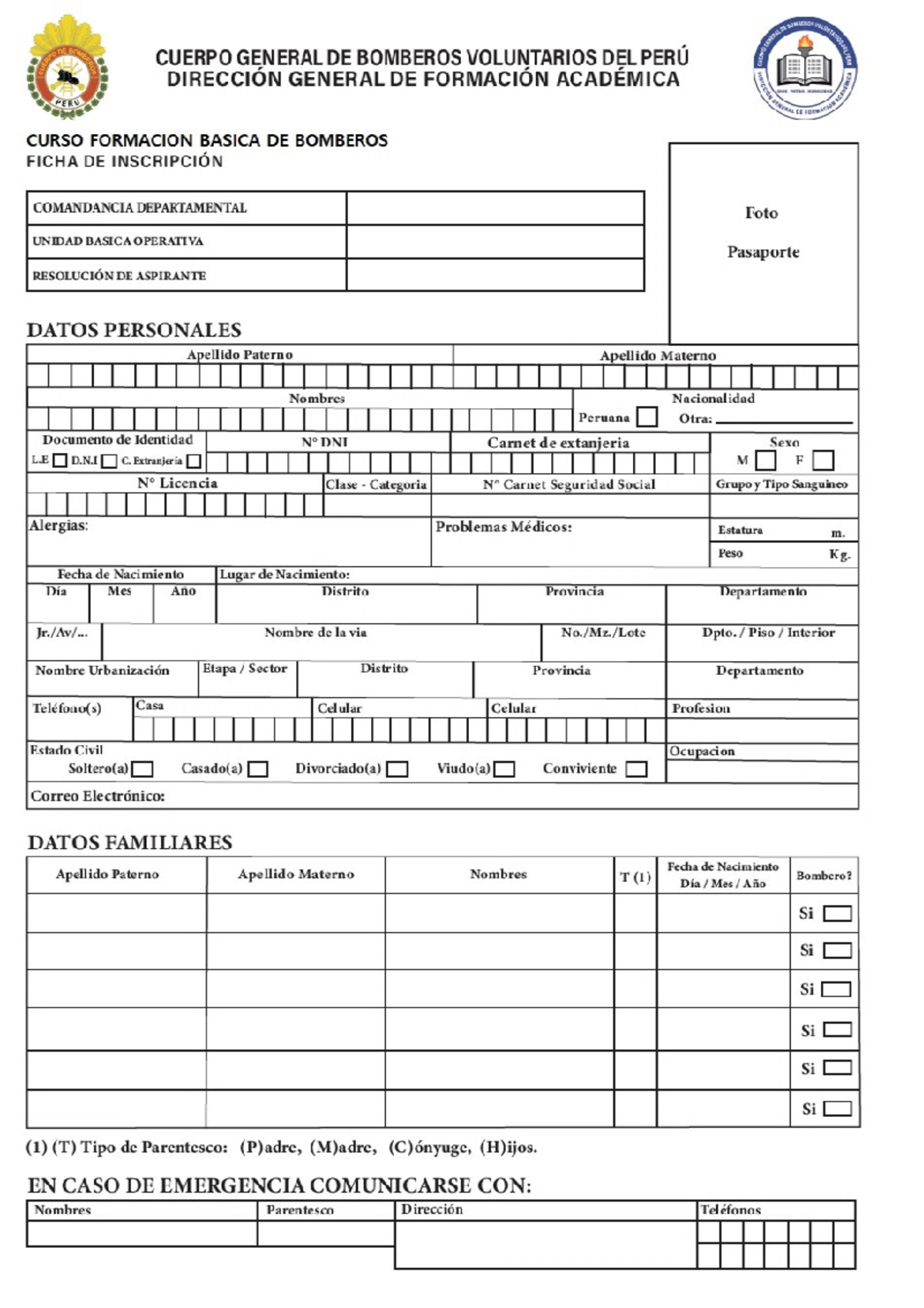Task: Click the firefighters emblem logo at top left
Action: pos(68,68)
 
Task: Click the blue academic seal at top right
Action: pos(805,68)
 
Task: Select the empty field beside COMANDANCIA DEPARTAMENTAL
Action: pos(495,208)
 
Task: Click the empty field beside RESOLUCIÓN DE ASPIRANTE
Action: pos(495,275)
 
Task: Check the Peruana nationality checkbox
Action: pos(648,417)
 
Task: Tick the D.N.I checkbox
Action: pos(109,461)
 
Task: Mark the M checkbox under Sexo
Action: pos(765,460)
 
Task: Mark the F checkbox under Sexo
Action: pos(823,460)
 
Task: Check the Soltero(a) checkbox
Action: pos(142,769)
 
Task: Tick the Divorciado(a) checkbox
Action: pos(397,769)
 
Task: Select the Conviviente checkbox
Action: pos(636,769)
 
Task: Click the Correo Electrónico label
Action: pos(98,796)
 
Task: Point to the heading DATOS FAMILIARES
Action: pos(129,842)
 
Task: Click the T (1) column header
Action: pos(635,877)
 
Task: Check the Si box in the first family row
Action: pos(837,914)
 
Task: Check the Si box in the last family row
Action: pos(837,1108)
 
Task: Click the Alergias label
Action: pos(59,525)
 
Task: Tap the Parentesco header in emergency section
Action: pos(300,1209)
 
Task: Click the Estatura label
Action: pos(740,530)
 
